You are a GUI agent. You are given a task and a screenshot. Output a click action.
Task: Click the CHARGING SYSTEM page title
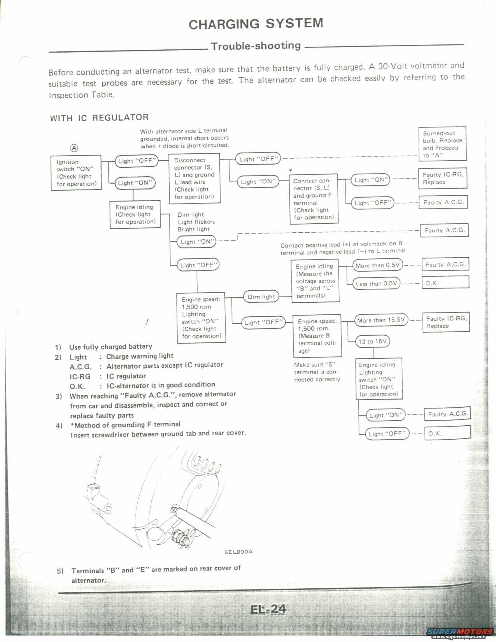tap(256, 24)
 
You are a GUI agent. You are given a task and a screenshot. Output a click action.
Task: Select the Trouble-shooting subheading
tap(256, 46)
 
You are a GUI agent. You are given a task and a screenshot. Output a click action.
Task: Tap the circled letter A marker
tap(74, 148)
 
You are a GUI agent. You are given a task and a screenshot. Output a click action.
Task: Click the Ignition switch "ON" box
tap(76, 173)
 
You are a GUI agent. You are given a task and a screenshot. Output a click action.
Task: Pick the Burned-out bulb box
tap(442, 144)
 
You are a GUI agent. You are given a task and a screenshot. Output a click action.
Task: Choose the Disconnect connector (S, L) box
tap(195, 179)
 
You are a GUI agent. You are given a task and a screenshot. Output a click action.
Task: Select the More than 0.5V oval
tap(377, 265)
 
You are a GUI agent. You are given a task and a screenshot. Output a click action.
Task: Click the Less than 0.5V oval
tap(376, 283)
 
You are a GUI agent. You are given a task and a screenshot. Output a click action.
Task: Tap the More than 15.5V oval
tap(381, 320)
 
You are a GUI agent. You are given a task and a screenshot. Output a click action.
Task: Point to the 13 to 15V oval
tap(373, 341)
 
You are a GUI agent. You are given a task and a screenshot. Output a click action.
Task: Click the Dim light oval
tap(261, 297)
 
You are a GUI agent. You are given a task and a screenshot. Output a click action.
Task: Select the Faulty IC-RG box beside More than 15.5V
tap(446, 322)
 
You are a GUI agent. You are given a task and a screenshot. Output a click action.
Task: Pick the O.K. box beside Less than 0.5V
tap(446, 282)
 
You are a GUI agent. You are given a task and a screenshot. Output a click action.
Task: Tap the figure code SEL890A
tap(238, 551)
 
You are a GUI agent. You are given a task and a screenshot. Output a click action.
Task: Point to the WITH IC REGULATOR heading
tap(99, 118)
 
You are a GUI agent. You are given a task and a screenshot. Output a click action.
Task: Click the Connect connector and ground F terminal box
tap(314, 199)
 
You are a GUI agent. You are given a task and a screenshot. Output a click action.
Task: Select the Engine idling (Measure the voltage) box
tap(315, 281)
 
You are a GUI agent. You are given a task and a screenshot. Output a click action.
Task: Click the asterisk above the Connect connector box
tap(291, 170)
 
